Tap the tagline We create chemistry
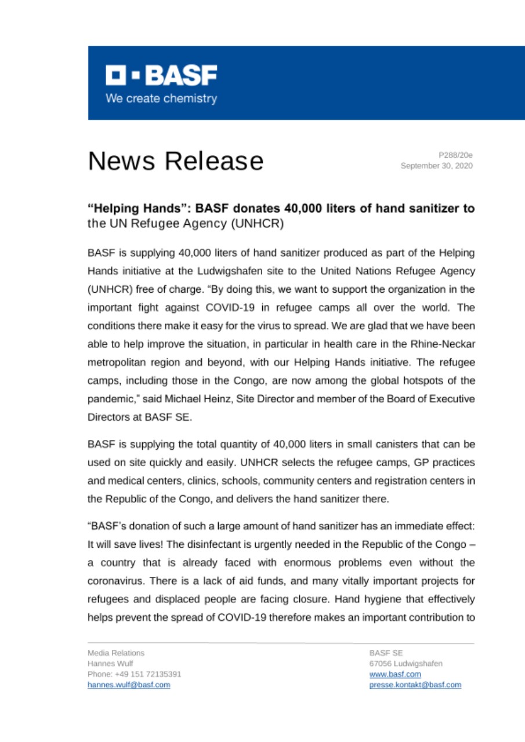coord(161,99)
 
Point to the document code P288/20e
coord(455,155)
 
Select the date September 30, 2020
coord(437,166)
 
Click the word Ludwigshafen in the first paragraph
coord(260,270)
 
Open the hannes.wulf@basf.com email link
coord(129,685)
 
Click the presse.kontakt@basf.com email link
coord(415,685)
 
